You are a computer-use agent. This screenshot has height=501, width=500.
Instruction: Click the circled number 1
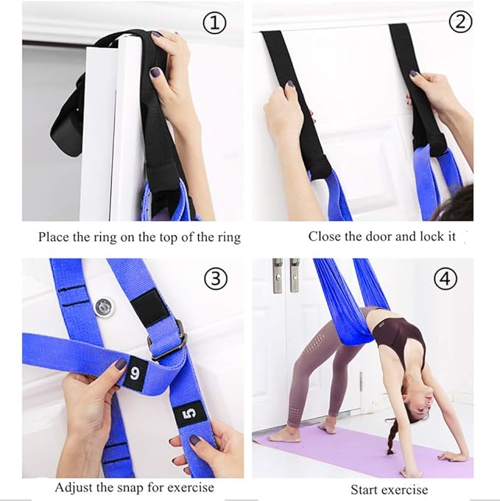(214, 24)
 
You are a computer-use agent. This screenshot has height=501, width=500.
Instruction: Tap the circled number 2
(461, 22)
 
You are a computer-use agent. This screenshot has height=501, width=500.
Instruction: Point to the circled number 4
(447, 279)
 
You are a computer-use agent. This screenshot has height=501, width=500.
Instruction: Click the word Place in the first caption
(53, 237)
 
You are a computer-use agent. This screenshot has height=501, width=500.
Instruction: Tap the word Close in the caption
(324, 237)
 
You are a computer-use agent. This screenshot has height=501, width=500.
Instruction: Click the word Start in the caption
(365, 489)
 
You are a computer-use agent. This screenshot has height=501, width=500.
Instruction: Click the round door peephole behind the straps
(105, 305)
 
